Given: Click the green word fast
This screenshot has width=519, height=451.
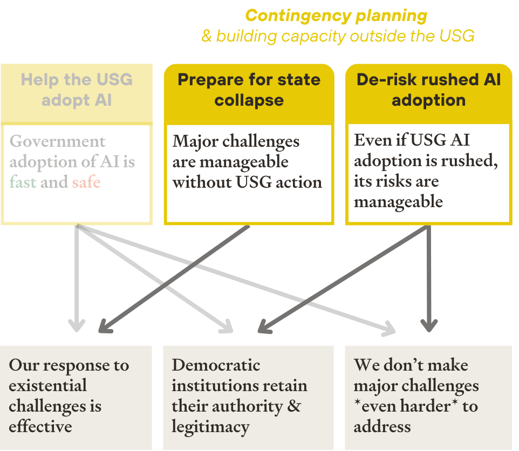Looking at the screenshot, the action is [23, 182].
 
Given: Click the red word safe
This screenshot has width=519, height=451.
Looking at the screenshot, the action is [86, 182].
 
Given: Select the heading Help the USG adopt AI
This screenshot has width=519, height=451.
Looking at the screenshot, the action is [77, 90].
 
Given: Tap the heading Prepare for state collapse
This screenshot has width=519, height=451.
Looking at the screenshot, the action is [249, 90].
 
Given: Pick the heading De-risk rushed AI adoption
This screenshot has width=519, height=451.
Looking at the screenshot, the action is [428, 90].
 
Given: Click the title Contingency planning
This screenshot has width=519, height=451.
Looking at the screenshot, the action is [336, 16].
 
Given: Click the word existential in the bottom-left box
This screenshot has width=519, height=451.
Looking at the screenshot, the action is [47, 386].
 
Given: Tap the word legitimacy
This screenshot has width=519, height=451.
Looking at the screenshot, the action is [210, 427].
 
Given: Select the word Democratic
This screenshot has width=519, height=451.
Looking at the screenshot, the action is [216, 365].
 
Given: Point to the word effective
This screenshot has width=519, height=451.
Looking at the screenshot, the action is [40, 427].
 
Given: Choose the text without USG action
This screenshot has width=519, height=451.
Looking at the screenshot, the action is [247, 182].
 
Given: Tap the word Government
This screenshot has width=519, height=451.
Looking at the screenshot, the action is [58, 141].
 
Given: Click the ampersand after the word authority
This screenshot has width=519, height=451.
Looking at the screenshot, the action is [294, 406].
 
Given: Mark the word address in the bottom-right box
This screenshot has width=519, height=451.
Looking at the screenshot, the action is [382, 427].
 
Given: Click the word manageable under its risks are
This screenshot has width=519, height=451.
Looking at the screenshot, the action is [398, 202].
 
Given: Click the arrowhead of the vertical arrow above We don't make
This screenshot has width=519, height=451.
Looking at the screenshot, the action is [429, 325].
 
